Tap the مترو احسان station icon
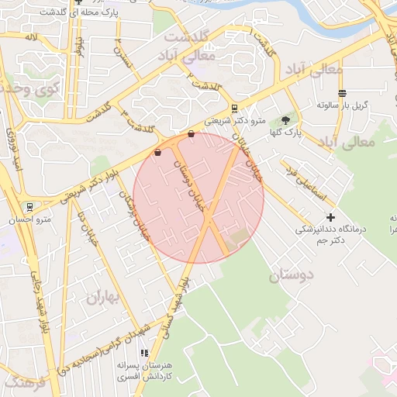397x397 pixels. click(29, 207)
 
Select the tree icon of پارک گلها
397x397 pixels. click(285, 120)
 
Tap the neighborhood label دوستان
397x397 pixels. click(292, 275)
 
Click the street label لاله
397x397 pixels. click(31, 36)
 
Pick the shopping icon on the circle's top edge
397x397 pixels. click(191, 134)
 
